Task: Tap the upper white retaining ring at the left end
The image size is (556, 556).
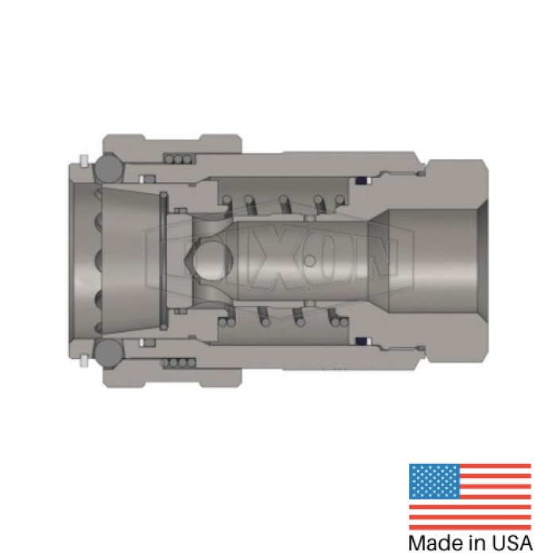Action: pyautogui.click(x=83, y=162)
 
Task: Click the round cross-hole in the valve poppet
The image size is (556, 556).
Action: pyautogui.click(x=210, y=260)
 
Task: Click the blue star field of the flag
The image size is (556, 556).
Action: pyautogui.click(x=433, y=481)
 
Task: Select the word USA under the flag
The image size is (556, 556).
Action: pyautogui.click(x=509, y=543)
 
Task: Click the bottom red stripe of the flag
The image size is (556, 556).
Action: pyautogui.click(x=469, y=525)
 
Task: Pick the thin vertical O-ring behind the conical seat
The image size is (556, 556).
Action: pyautogui.click(x=164, y=260)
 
